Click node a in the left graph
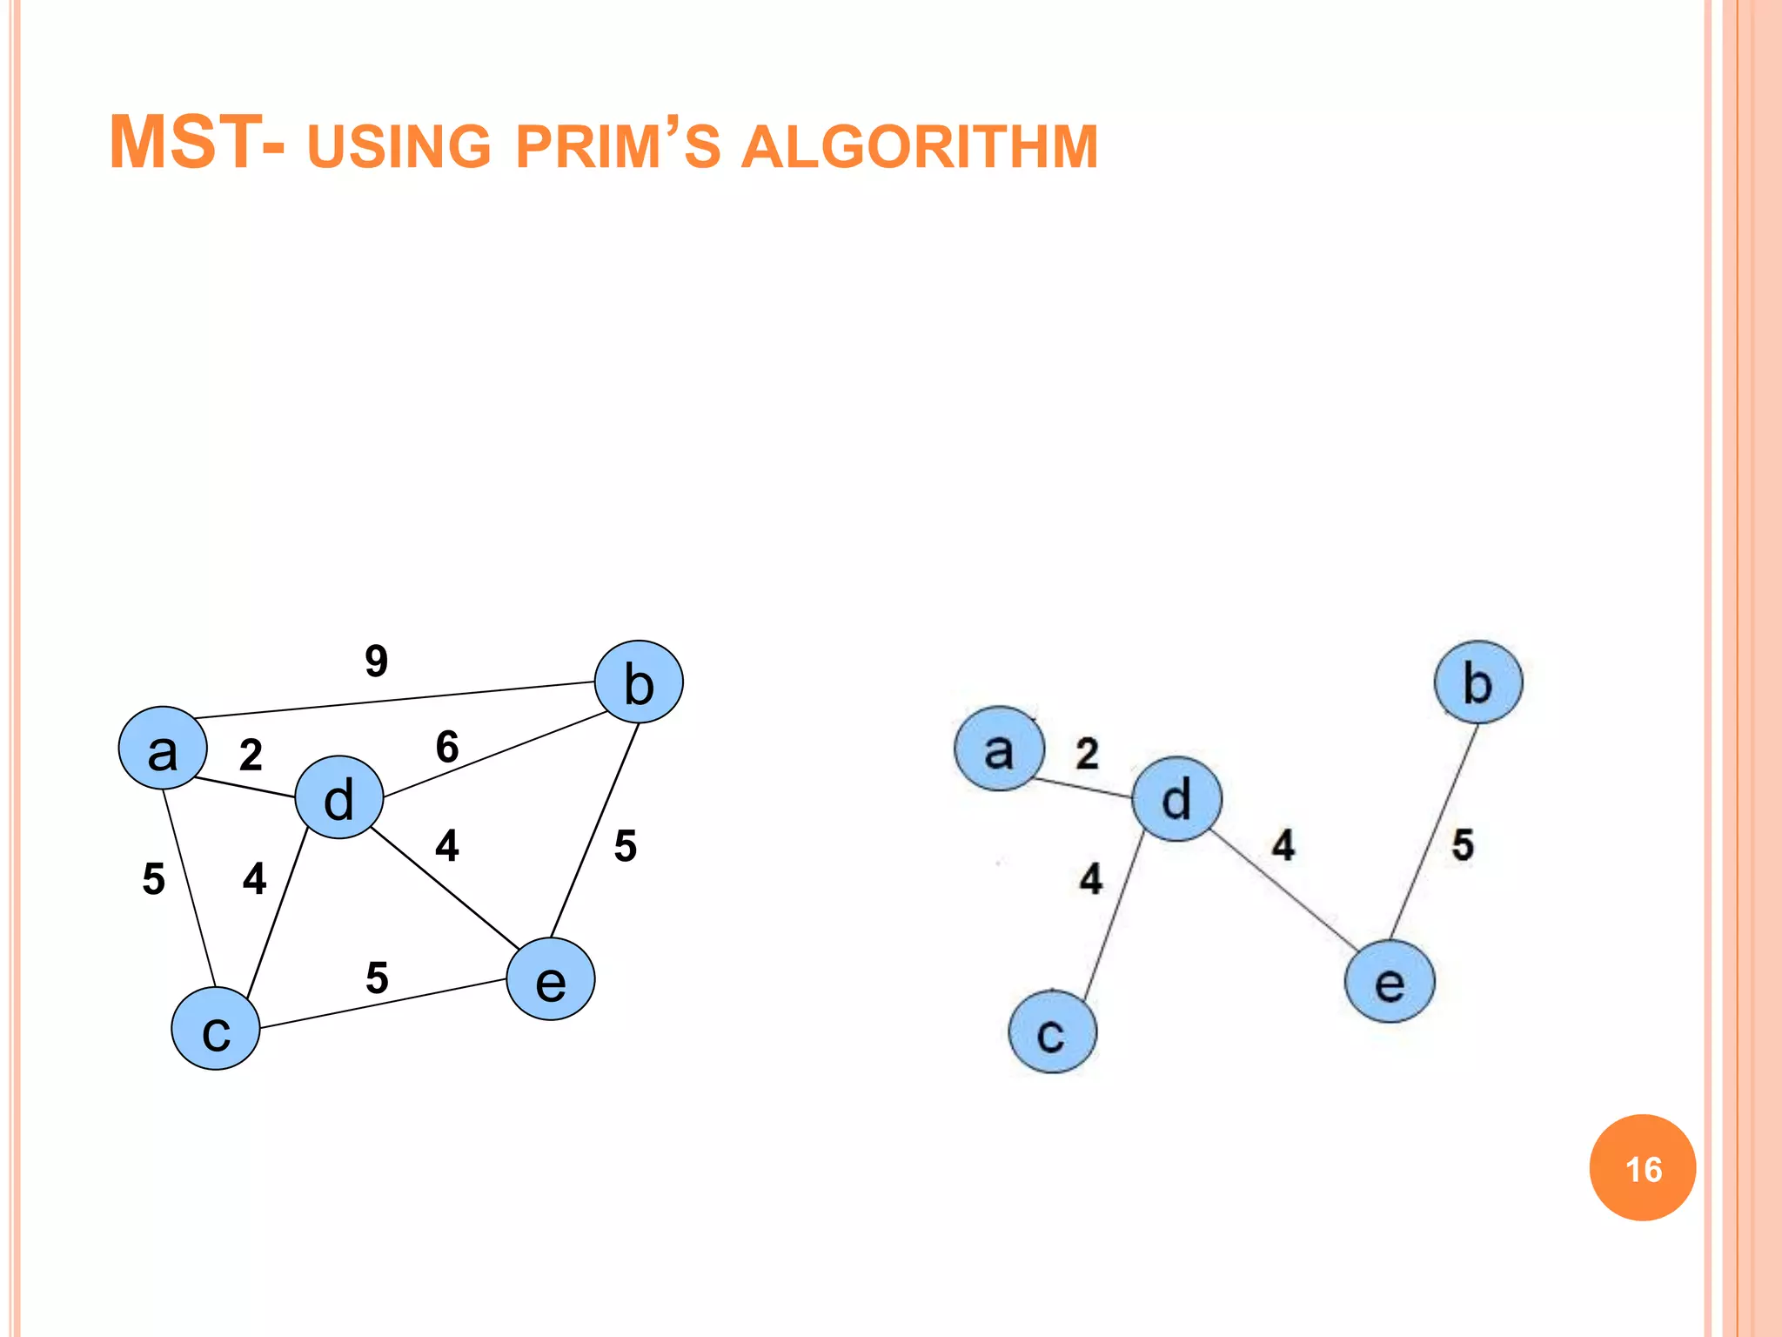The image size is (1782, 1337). (163, 749)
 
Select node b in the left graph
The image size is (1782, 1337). (639, 682)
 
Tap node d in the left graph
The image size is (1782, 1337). (339, 797)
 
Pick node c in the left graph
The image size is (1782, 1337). (216, 1029)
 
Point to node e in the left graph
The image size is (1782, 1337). (551, 979)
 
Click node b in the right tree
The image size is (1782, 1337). (1478, 682)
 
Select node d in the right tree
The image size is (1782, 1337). (1176, 798)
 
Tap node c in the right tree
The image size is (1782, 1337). (1053, 1031)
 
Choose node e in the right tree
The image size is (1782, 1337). (1390, 981)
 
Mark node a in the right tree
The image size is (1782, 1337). (999, 749)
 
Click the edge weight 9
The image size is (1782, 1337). (376, 661)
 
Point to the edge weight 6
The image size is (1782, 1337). (447, 747)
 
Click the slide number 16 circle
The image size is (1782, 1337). (1642, 1168)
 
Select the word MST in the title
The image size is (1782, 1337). (184, 143)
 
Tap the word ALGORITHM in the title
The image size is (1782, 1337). (919, 146)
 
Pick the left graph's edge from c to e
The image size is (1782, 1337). (383, 1004)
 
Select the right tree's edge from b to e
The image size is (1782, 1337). (1434, 832)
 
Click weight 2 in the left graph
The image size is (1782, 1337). (251, 755)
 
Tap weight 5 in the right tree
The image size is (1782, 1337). (1463, 845)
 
